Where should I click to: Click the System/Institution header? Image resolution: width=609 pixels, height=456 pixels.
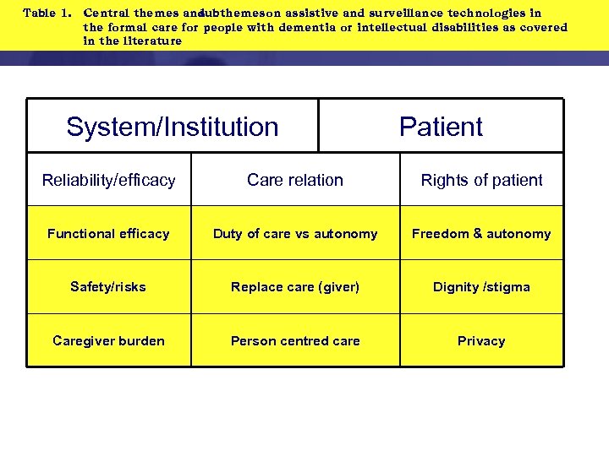[173, 127]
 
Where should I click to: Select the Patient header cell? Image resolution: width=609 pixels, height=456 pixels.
[441, 127]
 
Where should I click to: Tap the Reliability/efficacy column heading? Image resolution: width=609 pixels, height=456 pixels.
[109, 180]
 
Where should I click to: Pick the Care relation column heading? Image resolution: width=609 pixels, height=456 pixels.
[295, 180]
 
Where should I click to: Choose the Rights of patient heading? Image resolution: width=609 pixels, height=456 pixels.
[481, 180]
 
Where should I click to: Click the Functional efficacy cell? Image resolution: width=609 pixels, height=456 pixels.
[108, 234]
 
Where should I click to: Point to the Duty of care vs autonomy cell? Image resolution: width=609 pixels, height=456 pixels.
[295, 234]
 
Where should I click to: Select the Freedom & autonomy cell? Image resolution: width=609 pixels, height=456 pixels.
[481, 234]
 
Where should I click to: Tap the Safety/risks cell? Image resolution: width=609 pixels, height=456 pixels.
[108, 287]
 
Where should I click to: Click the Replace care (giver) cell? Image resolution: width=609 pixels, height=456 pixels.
[295, 287]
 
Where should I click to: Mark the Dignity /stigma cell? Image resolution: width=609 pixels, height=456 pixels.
[481, 287]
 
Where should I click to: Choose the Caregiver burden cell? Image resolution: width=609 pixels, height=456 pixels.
[108, 341]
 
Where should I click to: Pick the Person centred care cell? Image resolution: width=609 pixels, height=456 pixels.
[295, 341]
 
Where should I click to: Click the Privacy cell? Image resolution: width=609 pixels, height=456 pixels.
[481, 341]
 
